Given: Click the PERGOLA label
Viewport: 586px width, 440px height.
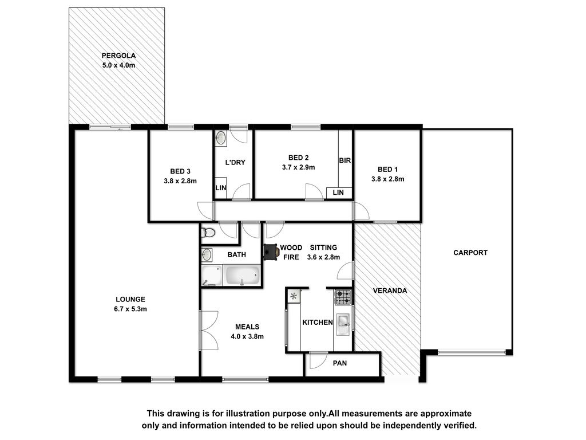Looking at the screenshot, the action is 118,56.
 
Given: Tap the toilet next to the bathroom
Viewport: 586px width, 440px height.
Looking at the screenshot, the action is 208,233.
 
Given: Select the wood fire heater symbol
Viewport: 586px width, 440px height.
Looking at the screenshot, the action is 271,252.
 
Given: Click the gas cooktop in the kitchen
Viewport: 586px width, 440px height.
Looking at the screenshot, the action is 343,297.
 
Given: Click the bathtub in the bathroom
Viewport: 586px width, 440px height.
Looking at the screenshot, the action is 242,276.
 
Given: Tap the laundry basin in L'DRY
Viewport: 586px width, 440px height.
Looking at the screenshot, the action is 220,138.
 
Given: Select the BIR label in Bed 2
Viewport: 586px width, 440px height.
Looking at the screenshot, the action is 345,160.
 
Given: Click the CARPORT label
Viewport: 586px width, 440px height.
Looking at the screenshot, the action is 470,253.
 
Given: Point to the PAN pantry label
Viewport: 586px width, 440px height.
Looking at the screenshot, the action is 340,363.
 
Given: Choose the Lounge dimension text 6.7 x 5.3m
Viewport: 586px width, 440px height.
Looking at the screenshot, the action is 130,309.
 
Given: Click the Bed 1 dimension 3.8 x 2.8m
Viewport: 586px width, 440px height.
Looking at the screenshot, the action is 387,179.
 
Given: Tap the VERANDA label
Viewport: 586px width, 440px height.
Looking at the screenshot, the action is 390,290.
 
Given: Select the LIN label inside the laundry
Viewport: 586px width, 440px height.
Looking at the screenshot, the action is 220,188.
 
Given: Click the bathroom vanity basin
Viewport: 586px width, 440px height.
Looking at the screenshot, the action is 207,255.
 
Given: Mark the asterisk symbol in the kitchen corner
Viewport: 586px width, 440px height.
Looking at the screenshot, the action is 294,296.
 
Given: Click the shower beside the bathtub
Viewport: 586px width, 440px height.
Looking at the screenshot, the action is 212,276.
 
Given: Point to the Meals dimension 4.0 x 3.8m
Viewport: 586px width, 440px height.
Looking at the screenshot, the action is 247,336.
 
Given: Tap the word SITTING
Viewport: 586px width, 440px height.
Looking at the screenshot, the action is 323,247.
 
